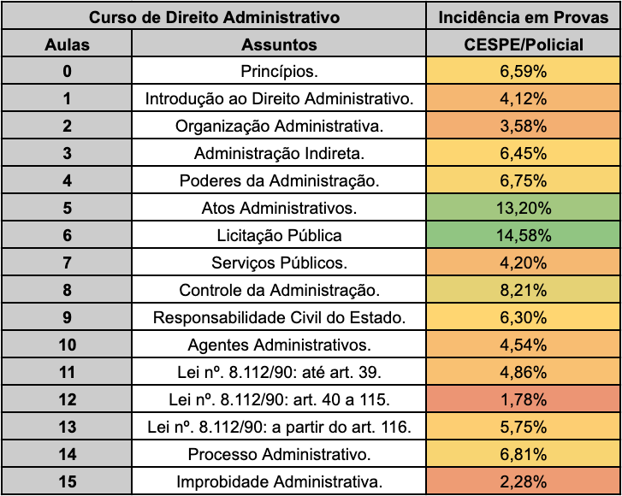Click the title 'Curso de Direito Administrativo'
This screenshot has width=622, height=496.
[x=215, y=17]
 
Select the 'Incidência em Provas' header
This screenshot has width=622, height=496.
[x=523, y=17]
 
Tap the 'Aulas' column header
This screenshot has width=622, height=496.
[x=67, y=44]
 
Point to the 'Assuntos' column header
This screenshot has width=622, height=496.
[x=279, y=44]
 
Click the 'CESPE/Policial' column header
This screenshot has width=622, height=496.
[x=523, y=44]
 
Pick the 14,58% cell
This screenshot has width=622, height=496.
[x=523, y=235]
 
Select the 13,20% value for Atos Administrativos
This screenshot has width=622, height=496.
[x=523, y=208]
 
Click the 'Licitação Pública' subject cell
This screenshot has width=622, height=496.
[x=279, y=235]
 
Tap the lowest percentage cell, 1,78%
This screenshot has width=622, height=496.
[x=523, y=399]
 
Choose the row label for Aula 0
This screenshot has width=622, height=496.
[x=67, y=71]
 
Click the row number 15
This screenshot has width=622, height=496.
[x=67, y=481]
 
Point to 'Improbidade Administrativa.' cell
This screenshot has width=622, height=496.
[x=279, y=481]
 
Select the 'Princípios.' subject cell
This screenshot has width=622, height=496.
[x=279, y=71]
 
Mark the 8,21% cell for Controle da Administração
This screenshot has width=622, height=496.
[x=523, y=290]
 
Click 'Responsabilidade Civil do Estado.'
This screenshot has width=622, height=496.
[x=279, y=317]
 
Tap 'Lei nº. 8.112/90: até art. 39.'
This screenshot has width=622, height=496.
[x=279, y=372]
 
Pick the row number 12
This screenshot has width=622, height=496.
[x=67, y=399]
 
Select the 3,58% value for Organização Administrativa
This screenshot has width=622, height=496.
[x=523, y=126]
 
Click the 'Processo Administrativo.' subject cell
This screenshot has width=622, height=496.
[x=279, y=454]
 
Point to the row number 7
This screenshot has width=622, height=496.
[x=67, y=263]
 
